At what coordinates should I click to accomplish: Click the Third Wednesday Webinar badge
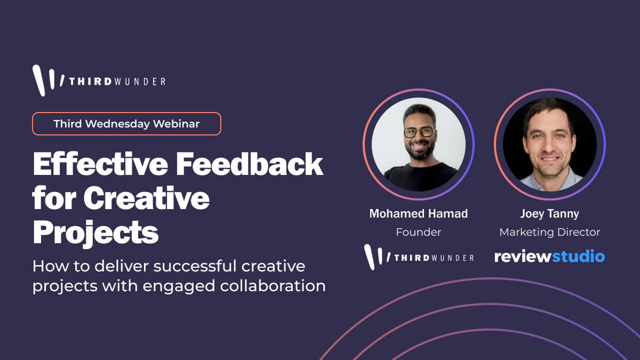pos(126,124)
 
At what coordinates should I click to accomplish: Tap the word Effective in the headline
pos(100,164)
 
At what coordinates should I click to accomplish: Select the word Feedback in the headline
pos(250,164)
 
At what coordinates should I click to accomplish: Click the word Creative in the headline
pos(146,198)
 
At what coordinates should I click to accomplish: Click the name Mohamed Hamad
pos(419,214)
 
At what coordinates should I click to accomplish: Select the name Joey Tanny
pos(550,214)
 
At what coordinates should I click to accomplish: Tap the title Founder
pos(419,232)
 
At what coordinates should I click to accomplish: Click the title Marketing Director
pos(550,232)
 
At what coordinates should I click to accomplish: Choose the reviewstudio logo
pos(550,256)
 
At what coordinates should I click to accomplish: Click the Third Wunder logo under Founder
pos(419,257)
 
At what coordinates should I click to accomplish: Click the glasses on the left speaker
pos(419,132)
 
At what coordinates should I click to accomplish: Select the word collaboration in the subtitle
pos(273,285)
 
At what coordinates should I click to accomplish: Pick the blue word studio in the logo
pos(578,256)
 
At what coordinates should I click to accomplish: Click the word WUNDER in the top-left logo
pos(139,82)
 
